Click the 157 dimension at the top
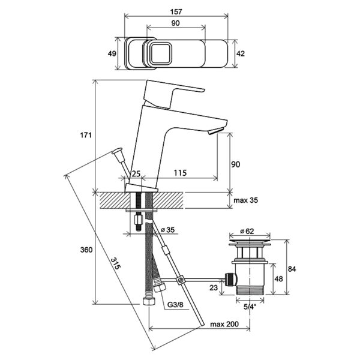[176, 11]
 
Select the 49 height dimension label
[112, 53]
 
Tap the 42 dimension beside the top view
[241, 53]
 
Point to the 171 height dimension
[86, 135]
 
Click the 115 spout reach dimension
[180, 173]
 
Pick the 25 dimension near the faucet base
[136, 173]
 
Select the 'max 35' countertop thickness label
[245, 200]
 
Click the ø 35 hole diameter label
[167, 230]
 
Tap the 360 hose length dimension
[86, 250]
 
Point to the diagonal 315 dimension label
[115, 263]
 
